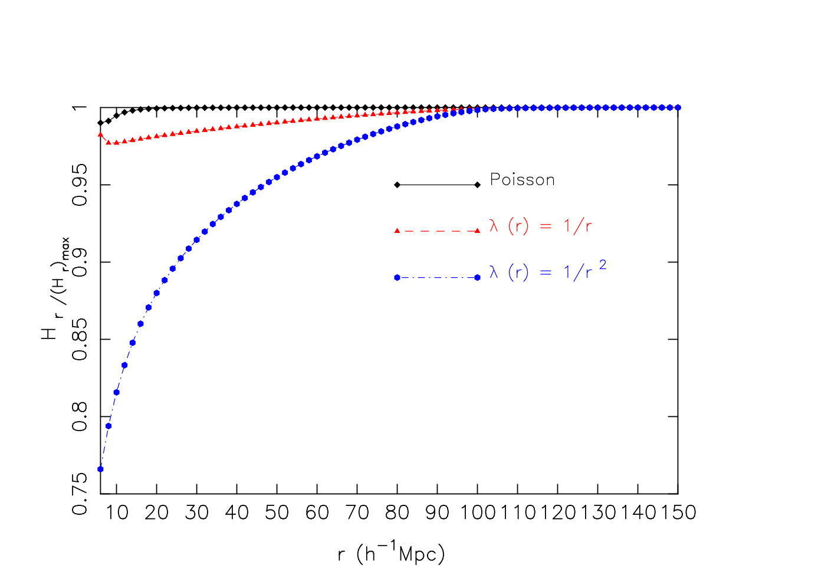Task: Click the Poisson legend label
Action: click(523, 180)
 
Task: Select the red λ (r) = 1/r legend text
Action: click(540, 226)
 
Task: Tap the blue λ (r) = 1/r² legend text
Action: click(548, 271)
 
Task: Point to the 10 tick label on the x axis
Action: click(117, 513)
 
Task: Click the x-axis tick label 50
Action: click(277, 513)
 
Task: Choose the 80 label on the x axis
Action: click(397, 513)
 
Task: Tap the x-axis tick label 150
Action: click(678, 513)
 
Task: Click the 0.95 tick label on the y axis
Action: click(80, 185)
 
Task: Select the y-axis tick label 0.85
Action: click(80, 340)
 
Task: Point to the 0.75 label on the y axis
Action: click(80, 494)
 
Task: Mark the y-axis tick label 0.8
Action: click(80, 417)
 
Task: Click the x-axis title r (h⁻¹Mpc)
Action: click(391, 554)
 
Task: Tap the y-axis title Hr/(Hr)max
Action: click(55, 288)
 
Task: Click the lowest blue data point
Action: click(100, 469)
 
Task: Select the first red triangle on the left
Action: click(100, 134)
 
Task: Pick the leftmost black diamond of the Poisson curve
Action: click(100, 123)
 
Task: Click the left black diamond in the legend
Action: click(397, 185)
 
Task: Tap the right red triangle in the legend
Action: click(477, 231)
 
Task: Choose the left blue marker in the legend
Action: click(397, 278)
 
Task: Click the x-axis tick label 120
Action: click(558, 513)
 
